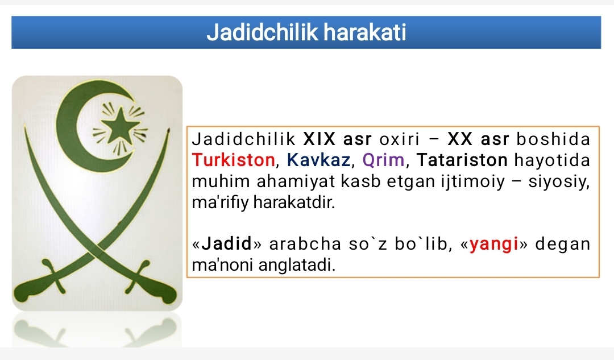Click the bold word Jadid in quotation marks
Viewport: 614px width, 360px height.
tap(227, 244)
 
